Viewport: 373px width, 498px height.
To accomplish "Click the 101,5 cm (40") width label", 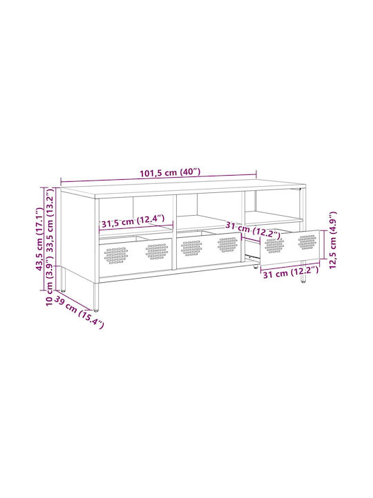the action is click(x=171, y=172).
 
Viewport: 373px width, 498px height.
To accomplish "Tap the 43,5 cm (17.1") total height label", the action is click(x=39, y=239).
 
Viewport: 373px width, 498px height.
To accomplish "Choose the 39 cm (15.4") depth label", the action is click(x=79, y=312).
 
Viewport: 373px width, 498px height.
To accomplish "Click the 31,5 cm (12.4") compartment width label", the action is click(x=133, y=221).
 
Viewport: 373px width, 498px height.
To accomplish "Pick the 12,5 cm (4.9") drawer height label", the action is click(x=332, y=240).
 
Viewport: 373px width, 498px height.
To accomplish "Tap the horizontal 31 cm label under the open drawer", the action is click(x=291, y=273).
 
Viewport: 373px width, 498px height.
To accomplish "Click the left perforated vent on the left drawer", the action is click(x=116, y=255).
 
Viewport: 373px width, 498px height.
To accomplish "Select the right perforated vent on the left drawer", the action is click(x=157, y=251).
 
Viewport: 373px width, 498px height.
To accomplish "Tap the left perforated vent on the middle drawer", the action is click(x=191, y=248).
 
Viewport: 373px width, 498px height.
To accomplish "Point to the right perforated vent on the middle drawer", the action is click(x=227, y=244).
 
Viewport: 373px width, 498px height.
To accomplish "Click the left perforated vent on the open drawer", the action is click(x=274, y=246).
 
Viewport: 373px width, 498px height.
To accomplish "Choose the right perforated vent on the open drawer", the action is click(x=307, y=242).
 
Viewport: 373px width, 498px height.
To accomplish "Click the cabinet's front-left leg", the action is click(x=96, y=296).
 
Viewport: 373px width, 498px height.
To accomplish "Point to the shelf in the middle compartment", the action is click(x=206, y=221).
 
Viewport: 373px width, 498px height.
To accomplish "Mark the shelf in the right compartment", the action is click(x=274, y=217).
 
